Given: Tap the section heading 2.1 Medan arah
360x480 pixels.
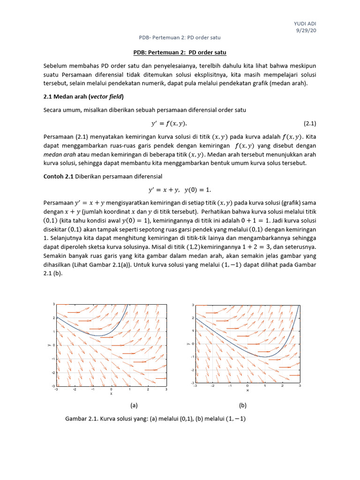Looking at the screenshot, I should click(x=83, y=97).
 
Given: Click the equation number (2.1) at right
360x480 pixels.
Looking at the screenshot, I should click(x=310, y=124).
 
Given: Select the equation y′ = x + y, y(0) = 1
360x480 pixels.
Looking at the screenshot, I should click(x=180, y=189).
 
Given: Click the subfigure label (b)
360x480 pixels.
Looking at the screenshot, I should click(x=242, y=405).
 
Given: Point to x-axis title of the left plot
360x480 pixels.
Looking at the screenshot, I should click(x=111, y=394).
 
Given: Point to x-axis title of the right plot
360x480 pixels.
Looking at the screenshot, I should click(x=247, y=390).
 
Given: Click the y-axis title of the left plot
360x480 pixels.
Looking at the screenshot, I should click(x=48, y=345).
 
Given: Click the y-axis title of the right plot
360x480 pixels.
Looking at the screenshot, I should click(x=187, y=344).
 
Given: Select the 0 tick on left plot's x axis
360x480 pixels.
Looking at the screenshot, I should click(x=111, y=389).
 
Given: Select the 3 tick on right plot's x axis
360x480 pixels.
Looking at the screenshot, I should click(x=299, y=386).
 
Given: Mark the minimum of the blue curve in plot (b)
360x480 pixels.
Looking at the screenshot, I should click(x=265, y=357).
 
